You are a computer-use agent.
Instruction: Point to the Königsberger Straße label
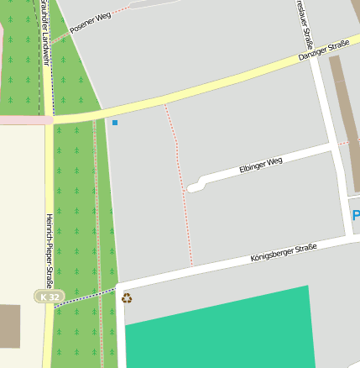click(284, 252)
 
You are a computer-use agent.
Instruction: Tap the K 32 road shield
click(48, 296)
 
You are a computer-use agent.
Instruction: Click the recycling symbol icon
click(127, 298)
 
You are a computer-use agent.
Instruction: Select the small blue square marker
click(115, 124)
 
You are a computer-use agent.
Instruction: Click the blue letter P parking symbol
click(356, 215)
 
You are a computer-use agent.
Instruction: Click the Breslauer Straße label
click(305, 25)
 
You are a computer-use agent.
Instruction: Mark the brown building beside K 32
click(9, 326)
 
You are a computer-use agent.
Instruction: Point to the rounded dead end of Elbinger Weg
click(194, 187)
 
